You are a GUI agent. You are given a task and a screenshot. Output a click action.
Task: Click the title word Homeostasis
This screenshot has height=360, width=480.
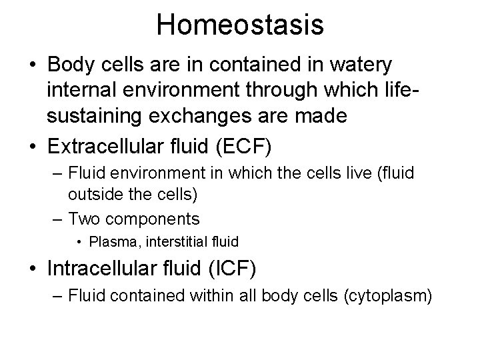click(240, 25)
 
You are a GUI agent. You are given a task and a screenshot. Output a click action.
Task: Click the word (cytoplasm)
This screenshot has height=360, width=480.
click(386, 294)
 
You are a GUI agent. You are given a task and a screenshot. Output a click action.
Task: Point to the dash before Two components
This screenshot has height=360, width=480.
click(59, 218)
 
